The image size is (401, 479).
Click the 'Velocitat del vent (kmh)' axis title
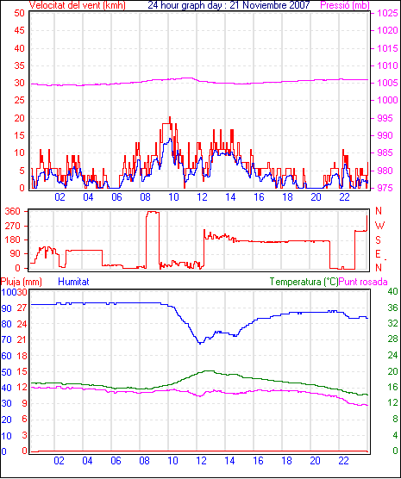click(77, 5)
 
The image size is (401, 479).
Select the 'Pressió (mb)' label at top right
click(345, 5)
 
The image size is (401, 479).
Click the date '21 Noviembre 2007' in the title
click(269, 5)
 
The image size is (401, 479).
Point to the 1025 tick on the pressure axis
click(387, 13)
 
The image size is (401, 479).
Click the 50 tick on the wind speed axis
click(19, 13)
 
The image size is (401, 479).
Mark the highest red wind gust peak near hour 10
click(170, 118)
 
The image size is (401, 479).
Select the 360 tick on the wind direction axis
click(13, 211)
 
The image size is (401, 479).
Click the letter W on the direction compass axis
click(379, 226)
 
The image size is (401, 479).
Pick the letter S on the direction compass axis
click(378, 240)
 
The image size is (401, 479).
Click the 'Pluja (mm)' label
click(21, 282)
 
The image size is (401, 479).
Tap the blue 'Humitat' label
click(73, 282)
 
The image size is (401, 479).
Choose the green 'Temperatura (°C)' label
click(304, 282)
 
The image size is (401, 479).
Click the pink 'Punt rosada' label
click(363, 282)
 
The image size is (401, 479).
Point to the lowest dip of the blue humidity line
click(200, 343)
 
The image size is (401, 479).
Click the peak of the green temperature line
click(209, 370)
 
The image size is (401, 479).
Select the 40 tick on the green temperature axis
click(392, 291)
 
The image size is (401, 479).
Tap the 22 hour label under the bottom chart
click(343, 461)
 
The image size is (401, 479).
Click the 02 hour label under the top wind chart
click(60, 197)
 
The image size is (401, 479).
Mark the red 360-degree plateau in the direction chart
click(153, 212)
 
